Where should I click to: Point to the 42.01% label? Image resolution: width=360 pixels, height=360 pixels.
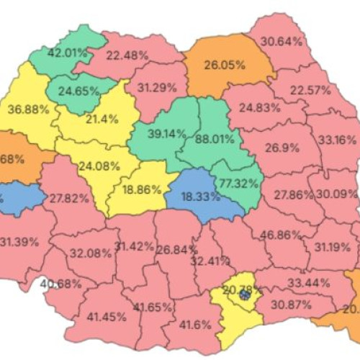67,53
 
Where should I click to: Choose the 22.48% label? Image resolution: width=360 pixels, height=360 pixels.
127,54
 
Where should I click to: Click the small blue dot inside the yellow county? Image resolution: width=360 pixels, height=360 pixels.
245,294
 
